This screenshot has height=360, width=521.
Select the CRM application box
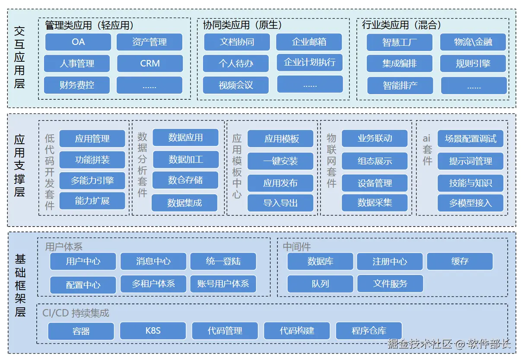pyautogui.click(x=150, y=63)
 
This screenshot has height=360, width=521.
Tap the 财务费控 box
pyautogui.click(x=77, y=85)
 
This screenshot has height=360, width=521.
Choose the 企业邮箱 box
pyautogui.click(x=309, y=42)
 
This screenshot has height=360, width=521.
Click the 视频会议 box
pyautogui.click(x=236, y=85)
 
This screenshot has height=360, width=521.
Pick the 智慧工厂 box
pyautogui.click(x=400, y=42)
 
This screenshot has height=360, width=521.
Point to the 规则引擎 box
pyautogui.click(x=473, y=63)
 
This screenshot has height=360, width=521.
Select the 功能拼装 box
pyautogui.click(x=92, y=160)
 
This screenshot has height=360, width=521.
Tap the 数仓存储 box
pyautogui.click(x=185, y=180)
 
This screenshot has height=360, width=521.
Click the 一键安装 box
pyautogui.click(x=280, y=161)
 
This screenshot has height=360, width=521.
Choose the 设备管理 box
pyautogui.click(x=375, y=183)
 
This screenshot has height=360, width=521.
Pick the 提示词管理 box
pyautogui.click(x=470, y=161)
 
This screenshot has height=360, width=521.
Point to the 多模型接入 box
pyautogui.click(x=470, y=203)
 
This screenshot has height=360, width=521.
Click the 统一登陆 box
pyautogui.click(x=223, y=261)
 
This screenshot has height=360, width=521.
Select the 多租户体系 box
pyautogui.click(x=153, y=284)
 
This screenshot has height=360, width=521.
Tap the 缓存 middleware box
pyautogui.click(x=460, y=261)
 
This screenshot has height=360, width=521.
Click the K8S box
pyautogui.click(x=153, y=331)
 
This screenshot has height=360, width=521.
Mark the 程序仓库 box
pyautogui.click(x=369, y=331)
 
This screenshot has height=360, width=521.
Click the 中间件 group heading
pyautogui.click(x=297, y=246)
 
